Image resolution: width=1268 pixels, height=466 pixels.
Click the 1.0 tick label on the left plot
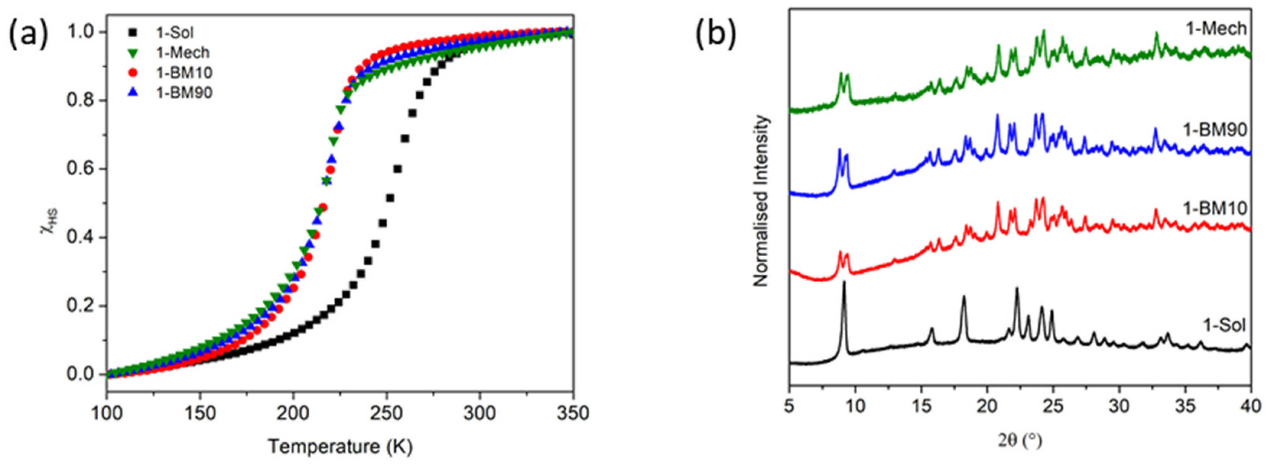tap(81, 32)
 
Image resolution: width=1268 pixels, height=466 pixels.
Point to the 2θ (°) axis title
tap(1019, 440)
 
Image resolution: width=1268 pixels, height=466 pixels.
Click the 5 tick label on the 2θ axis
tap(790, 406)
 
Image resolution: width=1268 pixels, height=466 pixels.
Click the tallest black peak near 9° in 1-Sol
tap(844, 283)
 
